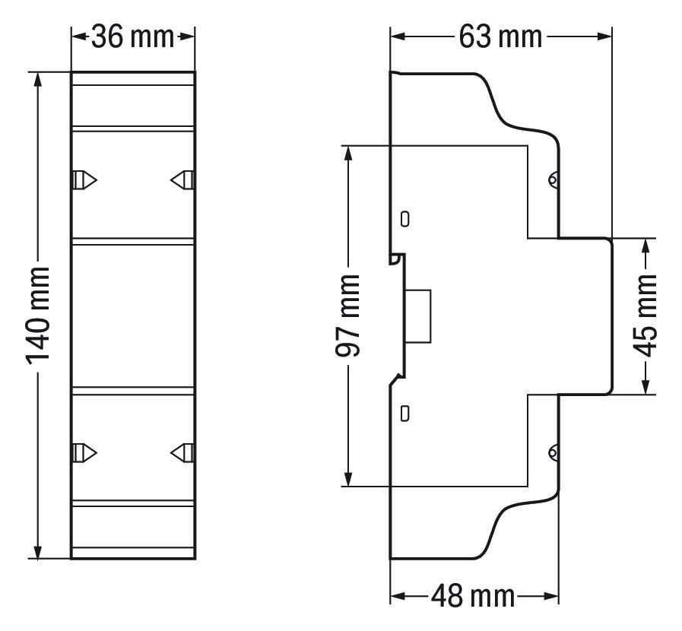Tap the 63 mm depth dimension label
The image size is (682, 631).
point(500,36)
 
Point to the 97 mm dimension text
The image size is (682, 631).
point(348,315)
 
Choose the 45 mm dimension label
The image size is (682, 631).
point(646,316)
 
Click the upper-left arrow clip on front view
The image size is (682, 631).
point(84,180)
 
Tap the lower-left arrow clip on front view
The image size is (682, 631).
point(84,452)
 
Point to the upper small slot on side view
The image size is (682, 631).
point(405,219)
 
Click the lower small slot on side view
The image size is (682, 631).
point(405,414)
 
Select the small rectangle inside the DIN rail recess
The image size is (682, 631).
point(419,316)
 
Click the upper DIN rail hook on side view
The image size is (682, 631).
point(395,258)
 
